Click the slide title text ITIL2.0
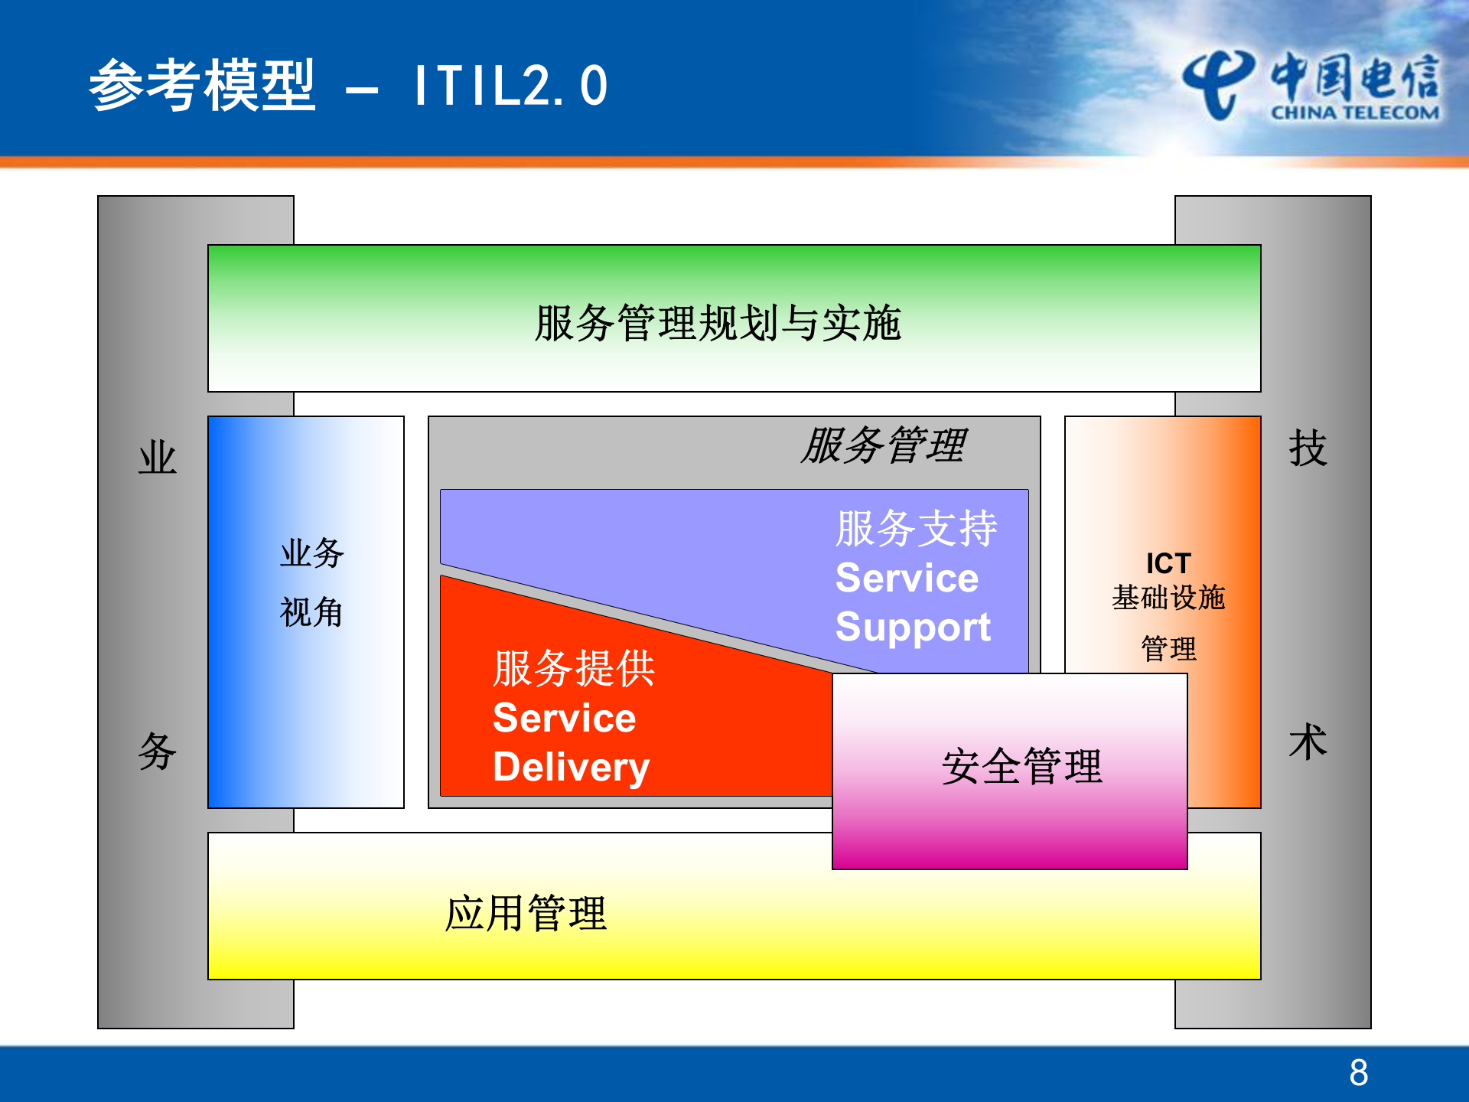510,86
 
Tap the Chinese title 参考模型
203,86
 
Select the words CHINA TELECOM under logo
1355,113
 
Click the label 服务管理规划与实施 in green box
718,323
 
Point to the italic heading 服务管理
884,445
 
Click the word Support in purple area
913,628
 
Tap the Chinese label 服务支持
917,529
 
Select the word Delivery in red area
571,768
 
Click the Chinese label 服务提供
574,669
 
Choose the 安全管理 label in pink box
1021,767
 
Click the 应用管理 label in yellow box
526,914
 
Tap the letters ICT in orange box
1168,563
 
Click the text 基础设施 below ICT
1168,598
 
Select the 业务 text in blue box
311,553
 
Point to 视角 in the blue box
311,612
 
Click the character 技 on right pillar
1308,448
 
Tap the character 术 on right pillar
1308,742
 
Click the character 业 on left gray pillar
158,458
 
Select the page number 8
1359,1072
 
